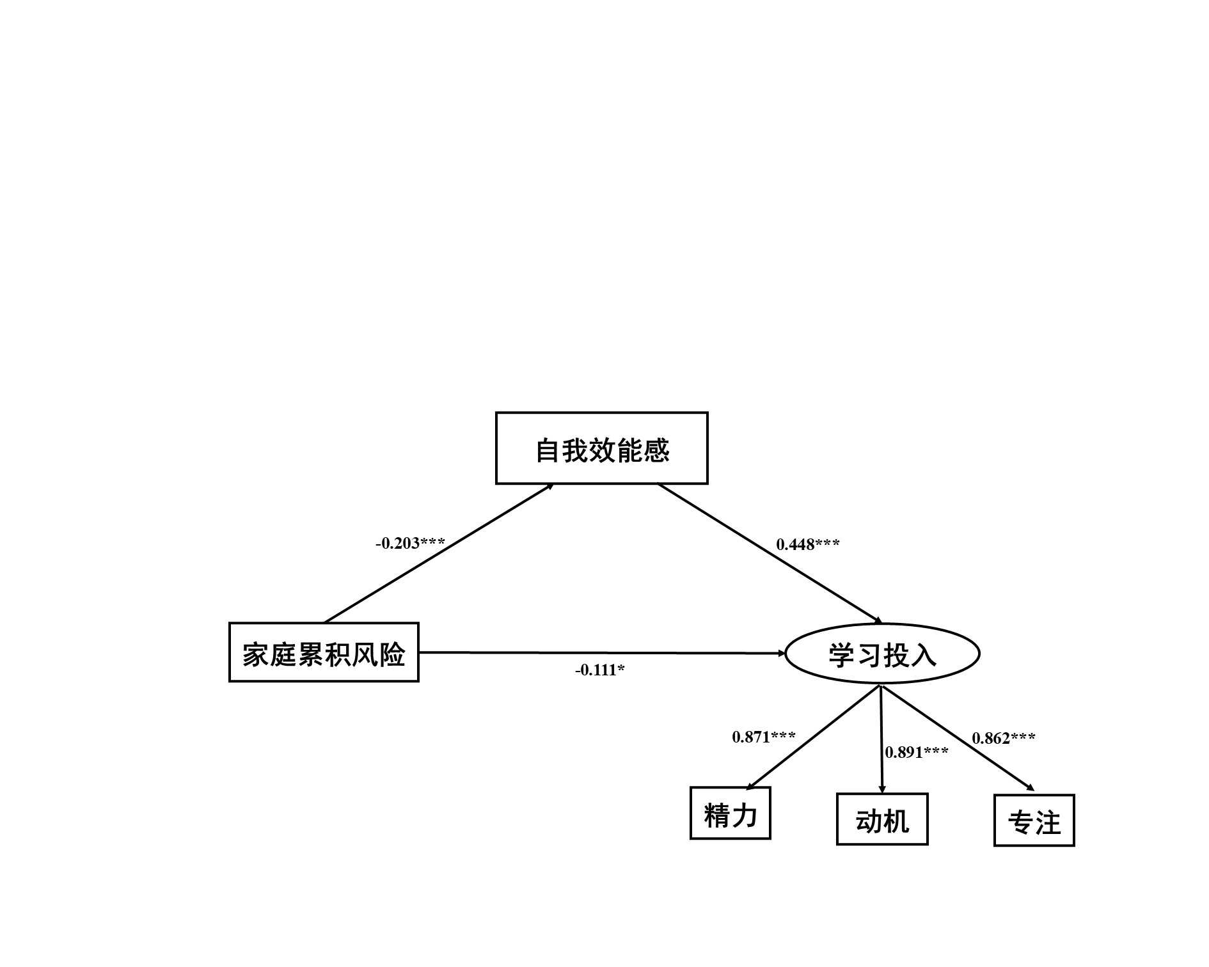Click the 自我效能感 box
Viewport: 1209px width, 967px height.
point(601,448)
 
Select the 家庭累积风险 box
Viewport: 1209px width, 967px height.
point(324,652)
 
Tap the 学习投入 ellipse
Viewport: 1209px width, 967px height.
point(882,654)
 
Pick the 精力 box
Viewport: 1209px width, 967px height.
point(730,813)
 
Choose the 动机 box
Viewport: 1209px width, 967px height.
point(882,819)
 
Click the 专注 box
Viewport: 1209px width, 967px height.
point(1034,821)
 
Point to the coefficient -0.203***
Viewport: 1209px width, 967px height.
point(410,544)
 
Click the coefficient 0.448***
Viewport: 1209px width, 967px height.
point(808,545)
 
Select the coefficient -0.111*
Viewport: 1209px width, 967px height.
point(600,670)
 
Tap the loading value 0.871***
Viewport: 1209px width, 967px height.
point(764,737)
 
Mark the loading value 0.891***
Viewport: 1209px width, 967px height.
point(917,753)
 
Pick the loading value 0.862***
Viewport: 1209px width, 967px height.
point(1004,739)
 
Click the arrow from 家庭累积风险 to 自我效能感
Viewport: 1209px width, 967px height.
point(439,553)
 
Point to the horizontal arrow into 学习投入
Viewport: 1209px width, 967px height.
point(601,653)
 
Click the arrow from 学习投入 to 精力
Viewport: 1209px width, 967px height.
point(814,737)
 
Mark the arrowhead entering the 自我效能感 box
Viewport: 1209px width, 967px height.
point(549,487)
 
